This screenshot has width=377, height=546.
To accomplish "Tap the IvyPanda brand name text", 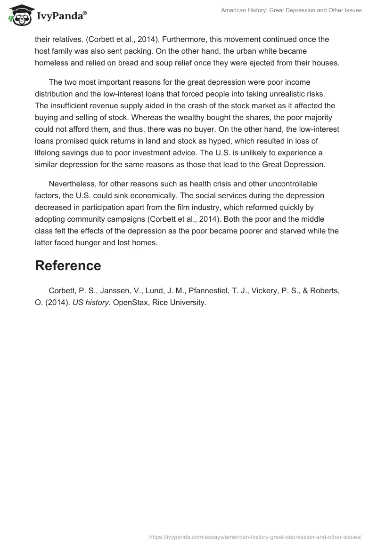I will tap(61, 16).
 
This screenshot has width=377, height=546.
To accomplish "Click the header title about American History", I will tap(291, 10).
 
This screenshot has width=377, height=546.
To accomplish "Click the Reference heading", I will tap(68, 265).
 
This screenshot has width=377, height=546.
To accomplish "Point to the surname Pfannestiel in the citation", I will tap(209, 291).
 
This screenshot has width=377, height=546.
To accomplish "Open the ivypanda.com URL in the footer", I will tap(255, 536).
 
